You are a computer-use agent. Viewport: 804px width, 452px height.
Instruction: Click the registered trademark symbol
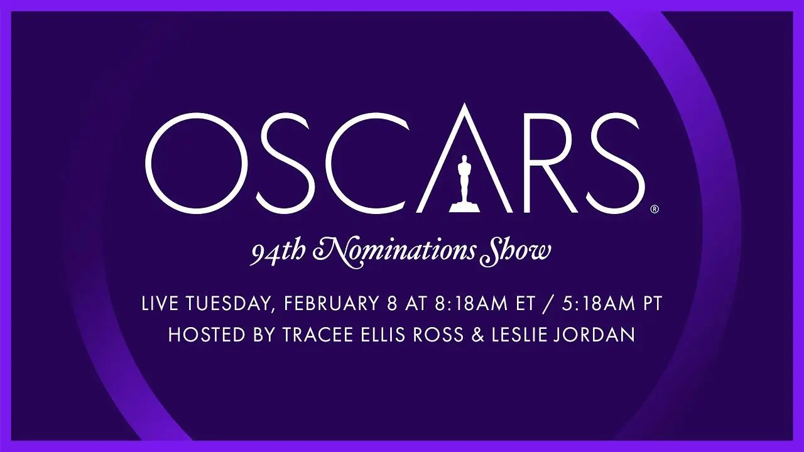coord(655,209)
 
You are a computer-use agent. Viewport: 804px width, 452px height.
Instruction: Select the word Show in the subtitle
coord(517,250)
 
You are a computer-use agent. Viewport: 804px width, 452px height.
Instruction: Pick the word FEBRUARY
coord(331,303)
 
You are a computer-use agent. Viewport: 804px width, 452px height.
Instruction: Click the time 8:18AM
coord(472,303)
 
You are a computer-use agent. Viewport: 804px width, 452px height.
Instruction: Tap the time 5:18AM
coord(599,303)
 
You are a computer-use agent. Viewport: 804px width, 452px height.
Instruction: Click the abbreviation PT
coord(652,303)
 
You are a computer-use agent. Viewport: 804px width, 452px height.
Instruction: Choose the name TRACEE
coord(318,335)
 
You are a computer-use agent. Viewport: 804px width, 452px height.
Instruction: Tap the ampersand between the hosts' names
coord(477,335)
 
